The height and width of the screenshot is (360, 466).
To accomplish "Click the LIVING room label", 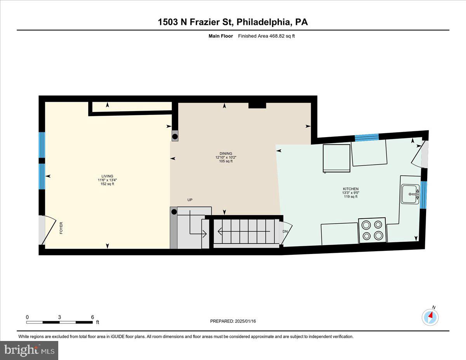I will coord(107,176).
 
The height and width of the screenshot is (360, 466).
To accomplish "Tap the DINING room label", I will coord(226,153).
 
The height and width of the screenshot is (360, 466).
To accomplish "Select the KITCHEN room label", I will coord(350,189).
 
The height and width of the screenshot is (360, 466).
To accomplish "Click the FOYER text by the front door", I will coord(61,228).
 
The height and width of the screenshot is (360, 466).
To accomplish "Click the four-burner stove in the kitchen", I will coord(372,230).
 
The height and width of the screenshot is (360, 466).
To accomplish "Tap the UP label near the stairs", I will coord(190,200).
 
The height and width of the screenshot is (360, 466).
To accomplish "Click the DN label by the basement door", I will coord(285,231).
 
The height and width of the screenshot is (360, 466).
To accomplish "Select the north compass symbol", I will coord(430,317).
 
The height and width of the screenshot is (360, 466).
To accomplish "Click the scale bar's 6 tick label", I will coord(92,317).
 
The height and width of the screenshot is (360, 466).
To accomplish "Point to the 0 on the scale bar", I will coord(27,317).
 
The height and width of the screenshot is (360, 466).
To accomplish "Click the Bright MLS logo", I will coord(29,350).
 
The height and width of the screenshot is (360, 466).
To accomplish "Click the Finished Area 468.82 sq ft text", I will coord(264,36).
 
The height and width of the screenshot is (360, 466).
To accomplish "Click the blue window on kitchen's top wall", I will coord(367,137).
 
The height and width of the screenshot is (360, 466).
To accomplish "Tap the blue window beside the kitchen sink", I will coord(424,195).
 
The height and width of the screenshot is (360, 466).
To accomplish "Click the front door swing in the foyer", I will coord(46,230).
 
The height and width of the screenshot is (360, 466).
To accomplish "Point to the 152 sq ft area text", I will coord(107,184).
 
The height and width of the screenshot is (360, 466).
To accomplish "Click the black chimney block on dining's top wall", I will coord(257,105).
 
